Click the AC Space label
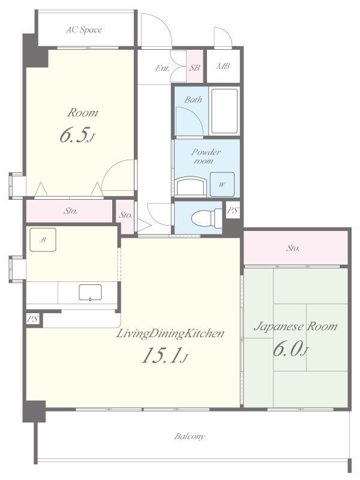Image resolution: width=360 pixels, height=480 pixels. pyautogui.click(x=84, y=29)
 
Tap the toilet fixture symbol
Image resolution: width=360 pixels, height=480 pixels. pyautogui.click(x=206, y=218)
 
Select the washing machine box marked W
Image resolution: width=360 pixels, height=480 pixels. pyautogui.click(x=222, y=184)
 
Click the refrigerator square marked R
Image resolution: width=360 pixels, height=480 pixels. pyautogui.click(x=43, y=239)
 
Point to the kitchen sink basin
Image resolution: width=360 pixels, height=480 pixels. pyautogui.click(x=91, y=292)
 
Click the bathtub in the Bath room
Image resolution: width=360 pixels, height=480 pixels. pyautogui.click(x=224, y=111)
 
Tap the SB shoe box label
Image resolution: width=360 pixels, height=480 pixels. pyautogui.click(x=194, y=68)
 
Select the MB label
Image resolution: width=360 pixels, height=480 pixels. pyautogui.click(x=223, y=66)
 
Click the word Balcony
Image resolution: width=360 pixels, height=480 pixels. pyautogui.click(x=190, y=436)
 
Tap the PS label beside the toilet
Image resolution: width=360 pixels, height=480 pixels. pyautogui.click(x=232, y=211)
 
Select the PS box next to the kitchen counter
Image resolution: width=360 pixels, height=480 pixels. pyautogui.click(x=33, y=319)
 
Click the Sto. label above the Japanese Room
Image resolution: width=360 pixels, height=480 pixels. pyautogui.click(x=293, y=248)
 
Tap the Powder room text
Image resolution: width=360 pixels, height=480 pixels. pyautogui.click(x=206, y=157)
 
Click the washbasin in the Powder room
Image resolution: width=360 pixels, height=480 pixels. pyautogui.click(x=191, y=186)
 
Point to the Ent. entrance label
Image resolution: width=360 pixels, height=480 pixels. pyautogui.click(x=162, y=68)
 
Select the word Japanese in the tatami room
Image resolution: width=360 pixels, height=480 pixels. pyautogui.click(x=278, y=326)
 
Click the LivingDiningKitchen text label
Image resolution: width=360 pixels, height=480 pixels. pyautogui.click(x=170, y=334)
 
